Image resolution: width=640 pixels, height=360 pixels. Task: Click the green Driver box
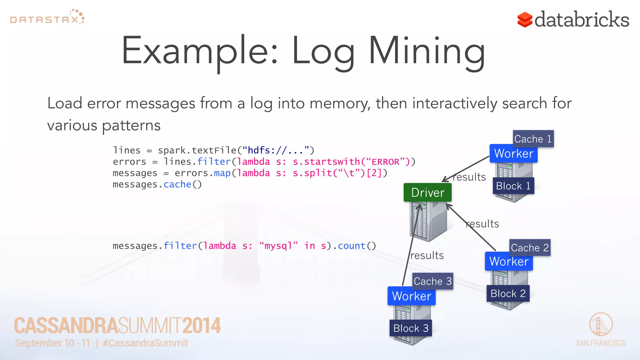[x=427, y=192]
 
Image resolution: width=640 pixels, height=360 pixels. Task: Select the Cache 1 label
[x=533, y=139]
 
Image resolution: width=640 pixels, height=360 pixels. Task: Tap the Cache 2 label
[x=530, y=248]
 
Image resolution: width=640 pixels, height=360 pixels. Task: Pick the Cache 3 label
[x=432, y=281]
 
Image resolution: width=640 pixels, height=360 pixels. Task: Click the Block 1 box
[x=513, y=186]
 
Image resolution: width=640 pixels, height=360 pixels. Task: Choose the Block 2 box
[x=508, y=293]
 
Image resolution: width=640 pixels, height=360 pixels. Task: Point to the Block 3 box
[x=411, y=328]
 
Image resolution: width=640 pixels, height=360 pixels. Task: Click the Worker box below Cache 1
[x=513, y=153]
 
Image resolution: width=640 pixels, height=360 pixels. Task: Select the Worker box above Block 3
[x=411, y=296]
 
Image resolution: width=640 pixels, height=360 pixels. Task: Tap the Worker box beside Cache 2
[x=509, y=261]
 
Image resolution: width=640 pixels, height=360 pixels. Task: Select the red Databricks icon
[x=525, y=20]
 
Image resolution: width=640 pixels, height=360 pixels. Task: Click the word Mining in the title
[x=427, y=52]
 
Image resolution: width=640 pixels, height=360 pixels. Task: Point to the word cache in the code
[x=177, y=184]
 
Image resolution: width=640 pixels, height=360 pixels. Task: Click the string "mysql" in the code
[x=278, y=246]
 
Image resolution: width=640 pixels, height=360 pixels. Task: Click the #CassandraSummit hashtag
[x=145, y=343]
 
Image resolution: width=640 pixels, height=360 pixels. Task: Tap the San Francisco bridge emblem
[x=601, y=324]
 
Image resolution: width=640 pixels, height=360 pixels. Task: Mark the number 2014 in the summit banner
[x=202, y=326]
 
